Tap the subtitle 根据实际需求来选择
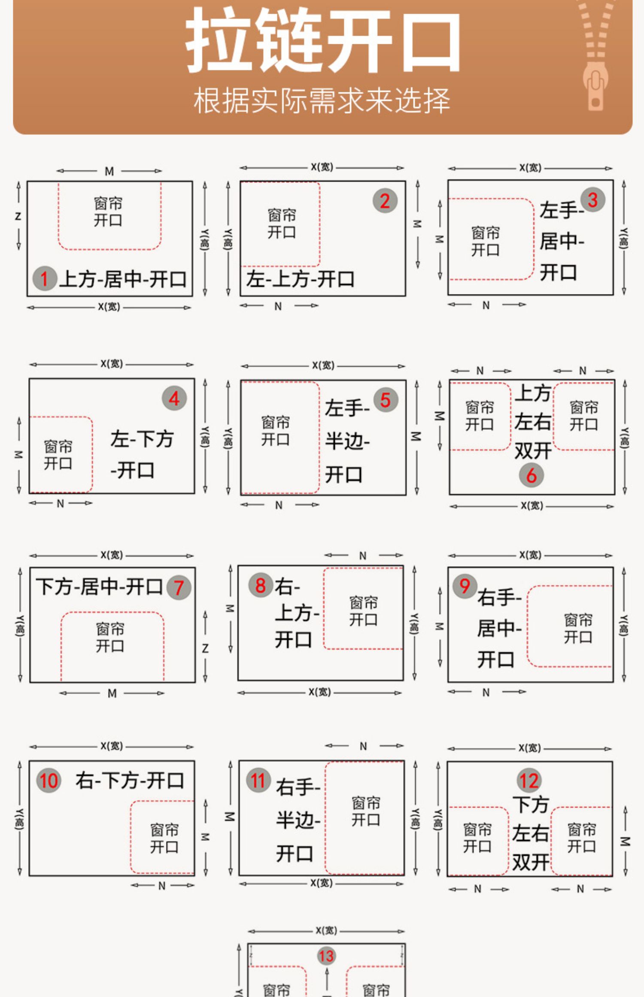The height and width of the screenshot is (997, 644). click(322, 101)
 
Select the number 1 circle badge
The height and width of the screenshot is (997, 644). click(44, 279)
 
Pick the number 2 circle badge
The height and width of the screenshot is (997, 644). click(385, 201)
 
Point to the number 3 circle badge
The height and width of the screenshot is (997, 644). click(592, 200)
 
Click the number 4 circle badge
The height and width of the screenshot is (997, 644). click(174, 399)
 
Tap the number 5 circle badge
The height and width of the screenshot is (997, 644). click(385, 400)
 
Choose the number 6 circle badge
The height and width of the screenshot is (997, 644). click(531, 475)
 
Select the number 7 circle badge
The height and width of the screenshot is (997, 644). click(179, 587)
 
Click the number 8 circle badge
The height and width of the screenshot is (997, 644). click(261, 585)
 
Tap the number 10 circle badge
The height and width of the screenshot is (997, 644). click(49, 780)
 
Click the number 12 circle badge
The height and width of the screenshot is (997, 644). click(529, 781)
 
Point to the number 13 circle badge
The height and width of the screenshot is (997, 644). click(326, 956)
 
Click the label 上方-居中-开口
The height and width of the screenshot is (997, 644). click(123, 280)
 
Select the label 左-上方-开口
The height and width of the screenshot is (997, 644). click(300, 280)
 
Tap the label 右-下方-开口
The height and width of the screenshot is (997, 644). click(130, 780)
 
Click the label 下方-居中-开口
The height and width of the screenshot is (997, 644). click(99, 587)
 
